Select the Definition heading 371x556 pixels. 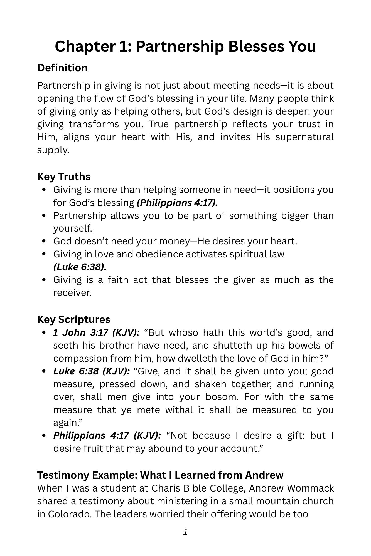point(62,68)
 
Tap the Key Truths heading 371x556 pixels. point(64,177)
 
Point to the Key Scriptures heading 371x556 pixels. point(74,319)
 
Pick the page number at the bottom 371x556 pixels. point(185,532)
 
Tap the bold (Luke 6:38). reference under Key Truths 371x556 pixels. point(80,267)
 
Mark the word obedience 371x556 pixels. point(159,254)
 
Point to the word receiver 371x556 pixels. point(72,292)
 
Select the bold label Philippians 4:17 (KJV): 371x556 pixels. point(107,435)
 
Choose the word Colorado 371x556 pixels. point(69,514)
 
